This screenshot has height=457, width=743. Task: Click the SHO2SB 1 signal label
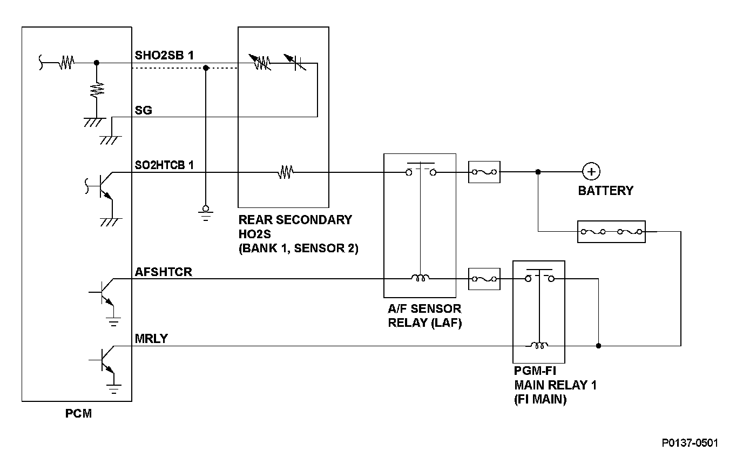pyautogui.click(x=164, y=55)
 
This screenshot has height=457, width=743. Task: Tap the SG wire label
pyautogui.click(x=143, y=110)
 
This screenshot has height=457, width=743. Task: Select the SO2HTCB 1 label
pyautogui.click(x=164, y=165)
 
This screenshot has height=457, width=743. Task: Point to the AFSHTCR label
pyautogui.click(x=163, y=272)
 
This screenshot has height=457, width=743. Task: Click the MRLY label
pyautogui.click(x=151, y=339)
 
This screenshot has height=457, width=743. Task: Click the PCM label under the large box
pyautogui.click(x=78, y=414)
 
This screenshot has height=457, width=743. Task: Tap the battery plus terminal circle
pyautogui.click(x=591, y=172)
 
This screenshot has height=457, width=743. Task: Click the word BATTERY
pyautogui.click(x=606, y=191)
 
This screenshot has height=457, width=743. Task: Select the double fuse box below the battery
pyautogui.click(x=611, y=232)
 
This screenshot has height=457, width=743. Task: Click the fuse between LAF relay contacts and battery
pyautogui.click(x=484, y=172)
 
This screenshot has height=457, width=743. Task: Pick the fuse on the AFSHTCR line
pyautogui.click(x=484, y=279)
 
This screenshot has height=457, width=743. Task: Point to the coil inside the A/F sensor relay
pyautogui.click(x=420, y=278)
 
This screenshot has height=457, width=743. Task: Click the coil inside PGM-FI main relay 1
pyautogui.click(x=539, y=346)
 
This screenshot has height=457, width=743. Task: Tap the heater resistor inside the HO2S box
pyautogui.click(x=286, y=172)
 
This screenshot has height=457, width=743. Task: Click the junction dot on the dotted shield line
pyautogui.click(x=206, y=68)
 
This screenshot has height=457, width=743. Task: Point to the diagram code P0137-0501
pyautogui.click(x=690, y=443)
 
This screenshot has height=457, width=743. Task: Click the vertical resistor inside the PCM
pyautogui.click(x=97, y=90)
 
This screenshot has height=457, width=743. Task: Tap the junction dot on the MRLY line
pyautogui.click(x=598, y=346)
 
